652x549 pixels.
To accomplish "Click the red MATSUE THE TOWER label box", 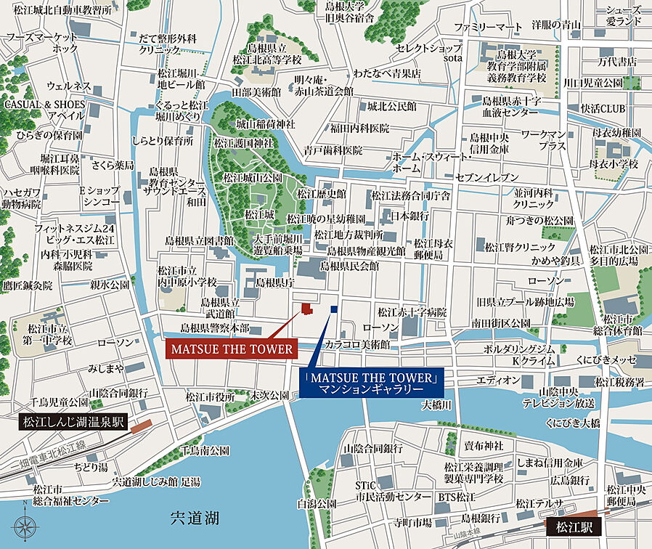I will [232, 349].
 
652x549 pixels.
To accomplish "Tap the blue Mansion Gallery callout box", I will [372, 383].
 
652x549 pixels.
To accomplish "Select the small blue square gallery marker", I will [334, 309].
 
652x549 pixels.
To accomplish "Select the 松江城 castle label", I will [260, 214].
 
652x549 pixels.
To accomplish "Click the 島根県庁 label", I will [274, 282].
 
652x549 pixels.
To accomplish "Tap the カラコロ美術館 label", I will [357, 343].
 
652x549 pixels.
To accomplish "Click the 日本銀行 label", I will [410, 216].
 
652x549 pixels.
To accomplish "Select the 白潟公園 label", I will [317, 503].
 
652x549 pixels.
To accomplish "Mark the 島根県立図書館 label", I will [199, 240].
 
